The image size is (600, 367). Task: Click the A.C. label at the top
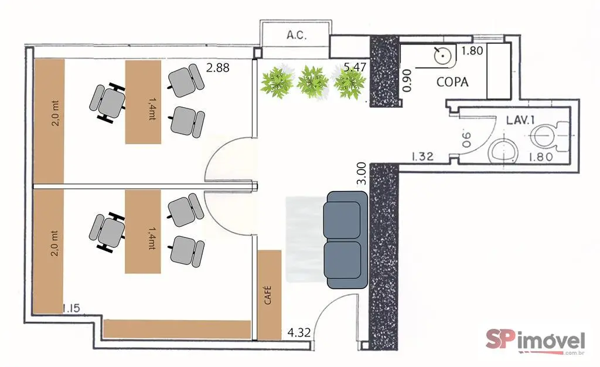point(296,35)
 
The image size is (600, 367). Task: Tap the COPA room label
point(452,82)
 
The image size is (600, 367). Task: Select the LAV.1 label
point(520,120)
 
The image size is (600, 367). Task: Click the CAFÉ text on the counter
point(268,295)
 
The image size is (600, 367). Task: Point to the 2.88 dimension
point(218,68)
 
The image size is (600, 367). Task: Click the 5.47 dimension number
point(354,67)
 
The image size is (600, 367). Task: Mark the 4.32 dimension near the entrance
point(299,332)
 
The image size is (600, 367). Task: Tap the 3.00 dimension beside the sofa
point(361,174)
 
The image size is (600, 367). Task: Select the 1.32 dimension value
point(422,157)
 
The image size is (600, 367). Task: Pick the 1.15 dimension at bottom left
point(71,308)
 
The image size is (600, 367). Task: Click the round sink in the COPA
point(443,56)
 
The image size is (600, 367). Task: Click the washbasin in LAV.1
point(502,152)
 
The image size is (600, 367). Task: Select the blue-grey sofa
point(346,240)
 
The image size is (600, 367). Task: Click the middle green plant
point(313,82)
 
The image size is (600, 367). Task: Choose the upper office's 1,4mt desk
point(143,102)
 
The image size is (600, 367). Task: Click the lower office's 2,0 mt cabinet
point(49,252)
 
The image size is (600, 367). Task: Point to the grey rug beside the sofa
point(306,239)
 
